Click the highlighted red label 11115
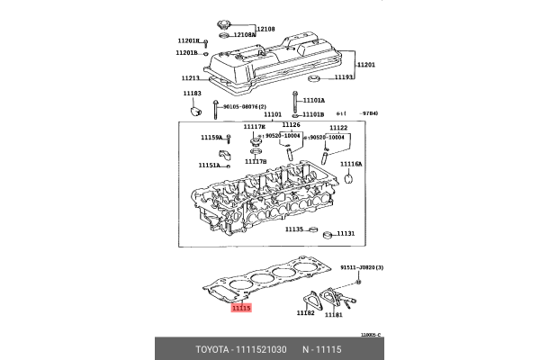pyautogui.click(x=240, y=309)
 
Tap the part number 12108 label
pyautogui.click(x=267, y=29)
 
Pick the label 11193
pyautogui.click(x=346, y=77)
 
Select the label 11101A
pyautogui.click(x=314, y=101)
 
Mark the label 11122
pyautogui.click(x=338, y=128)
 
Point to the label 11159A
pyautogui.click(x=210, y=138)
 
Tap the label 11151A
pyautogui.click(x=209, y=166)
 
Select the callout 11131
pyautogui.click(x=346, y=234)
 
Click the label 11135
pyautogui.click(x=294, y=229)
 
